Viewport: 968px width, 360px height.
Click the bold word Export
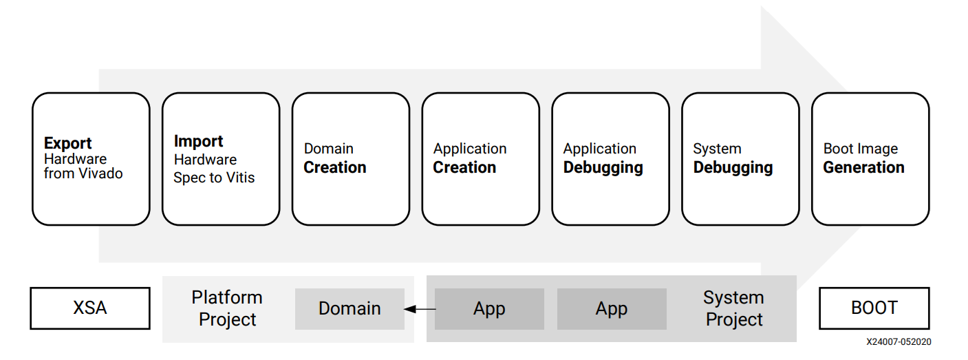point(67,143)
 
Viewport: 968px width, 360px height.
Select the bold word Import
point(198,141)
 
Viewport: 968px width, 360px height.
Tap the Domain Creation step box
point(350,159)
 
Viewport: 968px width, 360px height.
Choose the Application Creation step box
point(480,159)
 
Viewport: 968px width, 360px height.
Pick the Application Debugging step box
point(610,159)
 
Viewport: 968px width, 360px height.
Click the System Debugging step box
point(740,159)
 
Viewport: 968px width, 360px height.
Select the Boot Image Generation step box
point(870,159)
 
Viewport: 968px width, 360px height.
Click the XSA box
point(90,308)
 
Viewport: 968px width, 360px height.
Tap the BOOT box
point(874,308)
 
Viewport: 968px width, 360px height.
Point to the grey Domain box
point(349,308)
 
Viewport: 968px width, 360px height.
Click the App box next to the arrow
point(489,308)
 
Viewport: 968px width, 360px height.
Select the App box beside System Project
point(612,308)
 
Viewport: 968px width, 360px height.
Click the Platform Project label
point(227,308)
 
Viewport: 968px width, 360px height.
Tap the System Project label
point(734,308)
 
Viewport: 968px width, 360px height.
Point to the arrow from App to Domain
point(420,309)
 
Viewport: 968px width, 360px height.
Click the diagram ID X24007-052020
point(899,342)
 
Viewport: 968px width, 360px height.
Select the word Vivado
point(100,173)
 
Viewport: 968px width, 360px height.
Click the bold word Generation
point(863,167)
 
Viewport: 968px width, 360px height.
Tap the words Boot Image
point(860,149)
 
